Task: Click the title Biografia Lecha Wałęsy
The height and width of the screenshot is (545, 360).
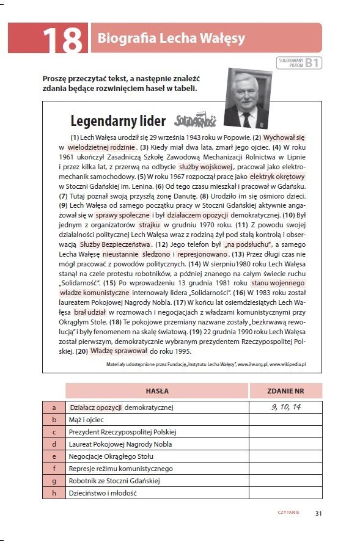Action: (171, 39)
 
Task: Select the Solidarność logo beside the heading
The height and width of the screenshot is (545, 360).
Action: (195, 120)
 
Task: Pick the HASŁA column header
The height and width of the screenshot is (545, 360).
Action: (157, 390)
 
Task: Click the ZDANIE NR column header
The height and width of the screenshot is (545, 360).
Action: (285, 390)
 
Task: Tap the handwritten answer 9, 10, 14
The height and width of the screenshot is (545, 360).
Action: (285, 406)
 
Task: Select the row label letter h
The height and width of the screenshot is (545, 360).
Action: (54, 492)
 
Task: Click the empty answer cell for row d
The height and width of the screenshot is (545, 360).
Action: (285, 444)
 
